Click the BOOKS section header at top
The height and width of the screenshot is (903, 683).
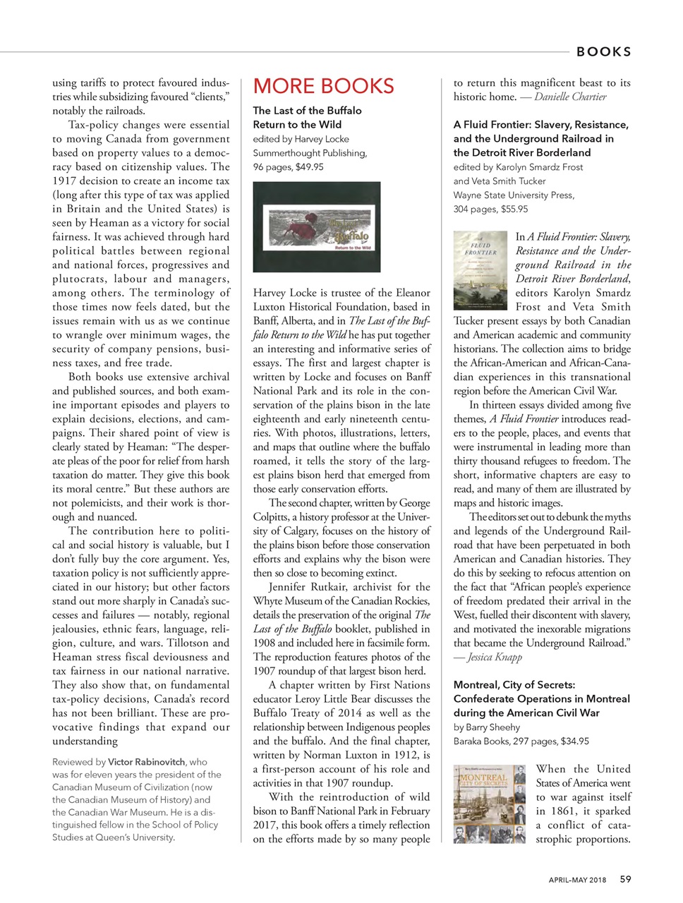603,51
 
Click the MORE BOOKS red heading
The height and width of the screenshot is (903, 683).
323,86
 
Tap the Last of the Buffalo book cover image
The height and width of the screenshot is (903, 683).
317,227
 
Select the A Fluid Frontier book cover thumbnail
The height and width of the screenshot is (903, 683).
480,270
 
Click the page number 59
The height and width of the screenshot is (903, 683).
626,879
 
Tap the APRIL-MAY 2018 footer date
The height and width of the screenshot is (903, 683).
577,880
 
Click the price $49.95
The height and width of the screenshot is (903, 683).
308,167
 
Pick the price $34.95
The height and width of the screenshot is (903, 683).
574,741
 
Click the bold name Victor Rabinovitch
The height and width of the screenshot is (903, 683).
147,762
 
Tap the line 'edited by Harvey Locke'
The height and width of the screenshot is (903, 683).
301,139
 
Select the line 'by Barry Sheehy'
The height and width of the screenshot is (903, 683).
487,727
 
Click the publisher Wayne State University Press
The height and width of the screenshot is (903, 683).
514,195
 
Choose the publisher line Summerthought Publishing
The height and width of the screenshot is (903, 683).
310,153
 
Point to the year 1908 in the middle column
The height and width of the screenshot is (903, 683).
266,643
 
